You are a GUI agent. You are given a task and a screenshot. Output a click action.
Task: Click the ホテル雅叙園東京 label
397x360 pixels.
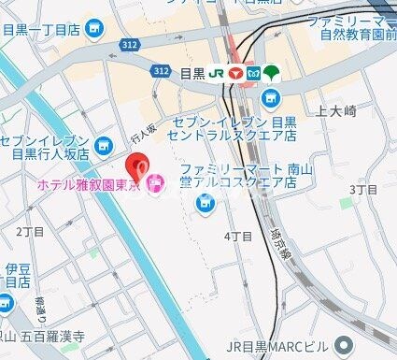pyautogui.click(x=89, y=186)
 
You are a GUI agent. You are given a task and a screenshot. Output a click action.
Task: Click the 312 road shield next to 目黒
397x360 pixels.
pyautogui.click(x=161, y=71)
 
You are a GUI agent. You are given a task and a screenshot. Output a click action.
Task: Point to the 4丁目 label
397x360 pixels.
pyautogui.click(x=238, y=237)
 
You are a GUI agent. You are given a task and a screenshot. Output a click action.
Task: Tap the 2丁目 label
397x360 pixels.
pyautogui.click(x=30, y=230)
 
